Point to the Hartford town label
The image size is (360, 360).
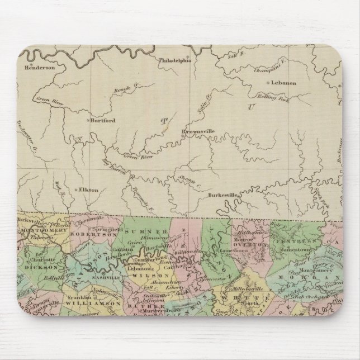[x=103, y=120]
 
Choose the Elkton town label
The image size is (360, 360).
[x=89, y=190]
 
